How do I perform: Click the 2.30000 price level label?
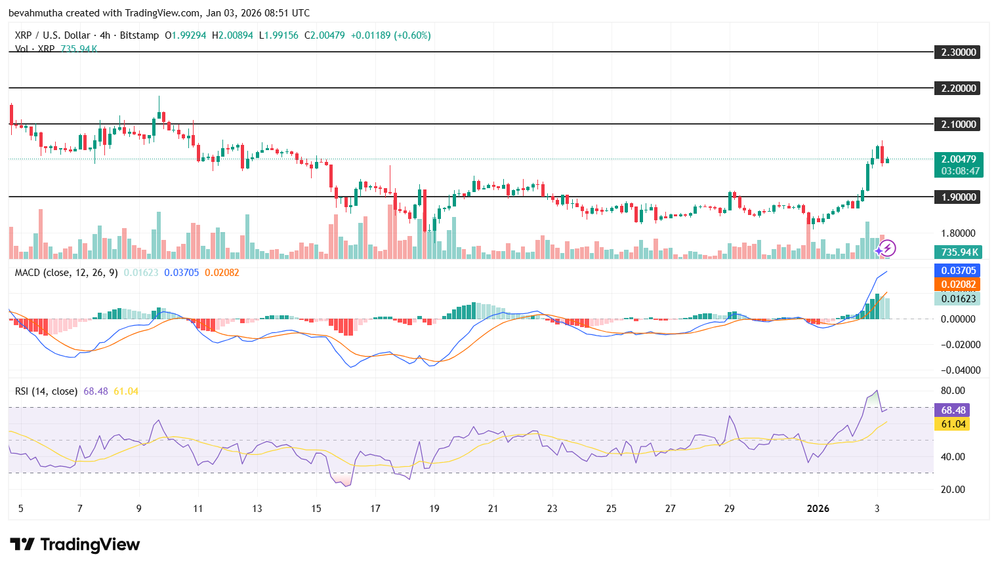958,52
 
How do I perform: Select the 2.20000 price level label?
958,88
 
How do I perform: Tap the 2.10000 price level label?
958,125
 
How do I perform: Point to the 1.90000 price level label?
958,197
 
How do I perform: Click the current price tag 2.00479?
958,159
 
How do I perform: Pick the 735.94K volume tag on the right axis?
959,252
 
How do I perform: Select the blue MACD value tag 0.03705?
958,271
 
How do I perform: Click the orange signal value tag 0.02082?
958,284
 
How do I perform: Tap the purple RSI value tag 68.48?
953,410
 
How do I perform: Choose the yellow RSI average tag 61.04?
953,424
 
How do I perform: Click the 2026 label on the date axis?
818,509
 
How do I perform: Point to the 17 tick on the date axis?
375,509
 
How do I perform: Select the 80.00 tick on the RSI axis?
953,391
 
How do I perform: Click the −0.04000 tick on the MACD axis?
958,370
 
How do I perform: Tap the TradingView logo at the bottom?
75,545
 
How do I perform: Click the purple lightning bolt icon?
887,248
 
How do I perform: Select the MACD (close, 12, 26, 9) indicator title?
66,273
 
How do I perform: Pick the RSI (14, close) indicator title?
46,391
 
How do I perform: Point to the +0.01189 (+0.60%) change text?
390,35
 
